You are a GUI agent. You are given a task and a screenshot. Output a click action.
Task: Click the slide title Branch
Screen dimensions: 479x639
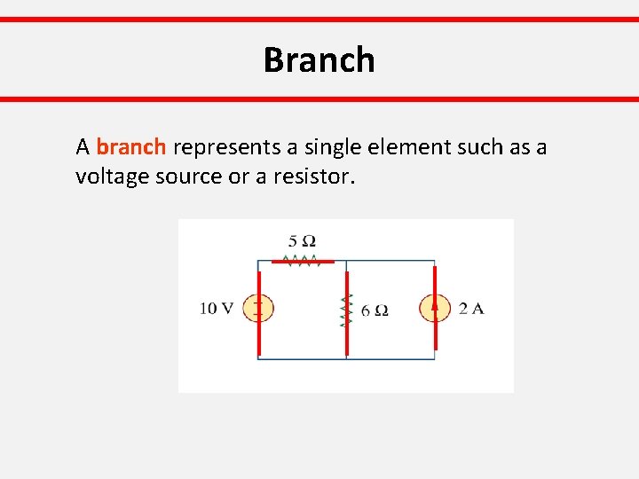(319, 60)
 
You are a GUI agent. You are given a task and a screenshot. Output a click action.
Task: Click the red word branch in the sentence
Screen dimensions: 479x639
(130, 147)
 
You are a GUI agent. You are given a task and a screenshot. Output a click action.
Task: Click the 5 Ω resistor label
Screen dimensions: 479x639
(302, 241)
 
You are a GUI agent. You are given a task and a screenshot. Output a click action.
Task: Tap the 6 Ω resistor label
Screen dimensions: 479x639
(375, 310)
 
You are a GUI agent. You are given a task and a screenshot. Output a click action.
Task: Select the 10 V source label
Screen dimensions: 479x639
(217, 309)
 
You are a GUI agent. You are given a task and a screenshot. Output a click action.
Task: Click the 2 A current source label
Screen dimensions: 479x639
(470, 309)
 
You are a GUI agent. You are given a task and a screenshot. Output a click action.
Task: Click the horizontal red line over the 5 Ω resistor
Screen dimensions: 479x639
(302, 263)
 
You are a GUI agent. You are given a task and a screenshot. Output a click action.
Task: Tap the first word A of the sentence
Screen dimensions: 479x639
(83, 147)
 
